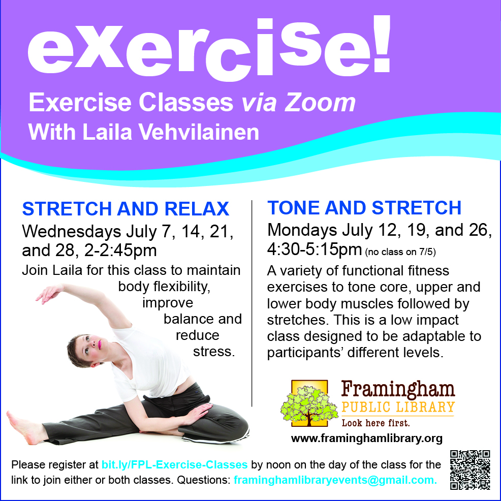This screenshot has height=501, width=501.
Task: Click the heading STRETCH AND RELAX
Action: (x=126, y=209)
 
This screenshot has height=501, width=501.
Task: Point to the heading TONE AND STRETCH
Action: (x=364, y=208)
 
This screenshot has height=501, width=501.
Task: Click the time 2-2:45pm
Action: (x=120, y=251)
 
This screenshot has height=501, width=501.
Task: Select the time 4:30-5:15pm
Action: (x=315, y=249)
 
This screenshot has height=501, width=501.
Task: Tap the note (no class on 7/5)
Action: (x=400, y=252)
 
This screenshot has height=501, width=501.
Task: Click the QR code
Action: (x=470, y=469)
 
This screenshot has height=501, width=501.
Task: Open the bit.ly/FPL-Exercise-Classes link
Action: (x=174, y=464)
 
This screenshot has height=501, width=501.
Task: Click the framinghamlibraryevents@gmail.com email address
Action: (x=335, y=480)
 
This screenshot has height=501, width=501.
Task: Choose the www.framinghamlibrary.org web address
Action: (x=367, y=439)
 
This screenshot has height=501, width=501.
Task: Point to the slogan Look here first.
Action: (x=375, y=423)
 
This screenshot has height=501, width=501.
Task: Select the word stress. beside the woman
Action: (x=214, y=352)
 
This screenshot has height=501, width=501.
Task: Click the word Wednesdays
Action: (x=72, y=232)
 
